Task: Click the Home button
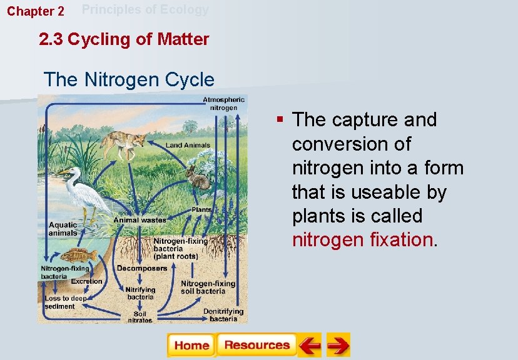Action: click(191, 345)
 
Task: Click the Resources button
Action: click(256, 345)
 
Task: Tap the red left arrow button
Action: click(309, 345)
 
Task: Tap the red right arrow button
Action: click(338, 345)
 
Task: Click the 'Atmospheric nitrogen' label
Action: click(223, 104)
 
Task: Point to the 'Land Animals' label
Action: click(188, 146)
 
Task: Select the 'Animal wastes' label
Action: click(140, 220)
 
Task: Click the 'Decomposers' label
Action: click(141, 268)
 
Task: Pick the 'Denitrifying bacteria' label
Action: click(223, 315)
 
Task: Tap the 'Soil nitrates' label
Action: click(140, 317)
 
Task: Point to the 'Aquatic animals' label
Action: click(63, 229)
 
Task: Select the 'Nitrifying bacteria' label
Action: click(140, 293)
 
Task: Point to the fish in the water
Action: click(79, 256)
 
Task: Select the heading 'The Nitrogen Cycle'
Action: click(129, 80)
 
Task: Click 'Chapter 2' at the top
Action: click(35, 11)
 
